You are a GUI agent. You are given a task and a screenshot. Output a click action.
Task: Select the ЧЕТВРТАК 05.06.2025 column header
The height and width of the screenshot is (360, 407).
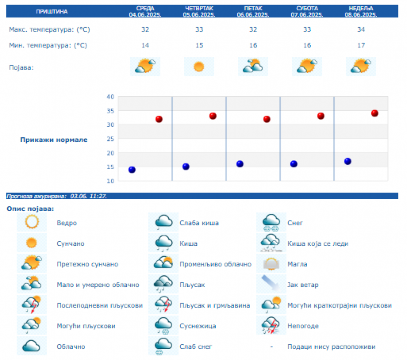coord(199,11)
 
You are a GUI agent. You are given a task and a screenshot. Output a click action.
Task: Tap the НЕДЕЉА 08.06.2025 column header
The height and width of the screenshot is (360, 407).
coord(361,11)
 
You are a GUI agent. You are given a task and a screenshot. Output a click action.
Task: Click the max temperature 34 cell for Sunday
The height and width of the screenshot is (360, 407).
coord(361,30)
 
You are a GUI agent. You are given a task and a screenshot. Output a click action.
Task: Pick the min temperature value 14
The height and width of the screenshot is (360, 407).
coord(145,45)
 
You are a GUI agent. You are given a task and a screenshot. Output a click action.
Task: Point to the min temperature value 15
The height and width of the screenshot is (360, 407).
coord(199,45)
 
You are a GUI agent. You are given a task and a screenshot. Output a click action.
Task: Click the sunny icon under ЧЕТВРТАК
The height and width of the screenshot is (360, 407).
coord(199,67)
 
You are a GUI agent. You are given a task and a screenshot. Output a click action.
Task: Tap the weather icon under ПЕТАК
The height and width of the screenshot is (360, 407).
coord(253,66)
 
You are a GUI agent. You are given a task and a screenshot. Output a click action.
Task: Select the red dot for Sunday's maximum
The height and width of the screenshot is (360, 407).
coord(374,113)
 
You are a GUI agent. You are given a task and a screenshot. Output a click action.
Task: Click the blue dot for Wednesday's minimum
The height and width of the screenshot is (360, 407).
coord(132,170)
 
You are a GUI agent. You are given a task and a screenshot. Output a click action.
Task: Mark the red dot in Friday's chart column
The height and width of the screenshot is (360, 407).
coord(267,119)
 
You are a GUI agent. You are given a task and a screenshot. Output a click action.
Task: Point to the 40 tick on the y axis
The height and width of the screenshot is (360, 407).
coord(110,97)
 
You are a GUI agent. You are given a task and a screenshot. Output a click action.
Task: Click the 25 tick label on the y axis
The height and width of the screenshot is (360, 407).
coord(110,139)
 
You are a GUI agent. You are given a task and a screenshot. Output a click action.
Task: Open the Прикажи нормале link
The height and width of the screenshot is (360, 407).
coord(54,140)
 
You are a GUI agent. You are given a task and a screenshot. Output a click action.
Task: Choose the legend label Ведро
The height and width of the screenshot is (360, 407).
coord(67,223)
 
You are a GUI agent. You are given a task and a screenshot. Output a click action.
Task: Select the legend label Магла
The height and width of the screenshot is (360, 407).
coord(297,264)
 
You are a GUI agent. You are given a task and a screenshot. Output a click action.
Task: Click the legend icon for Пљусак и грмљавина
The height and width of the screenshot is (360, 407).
coord(163,305)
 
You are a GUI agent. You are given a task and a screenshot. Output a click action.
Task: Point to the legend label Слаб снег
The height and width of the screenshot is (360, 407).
coord(196,346)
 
